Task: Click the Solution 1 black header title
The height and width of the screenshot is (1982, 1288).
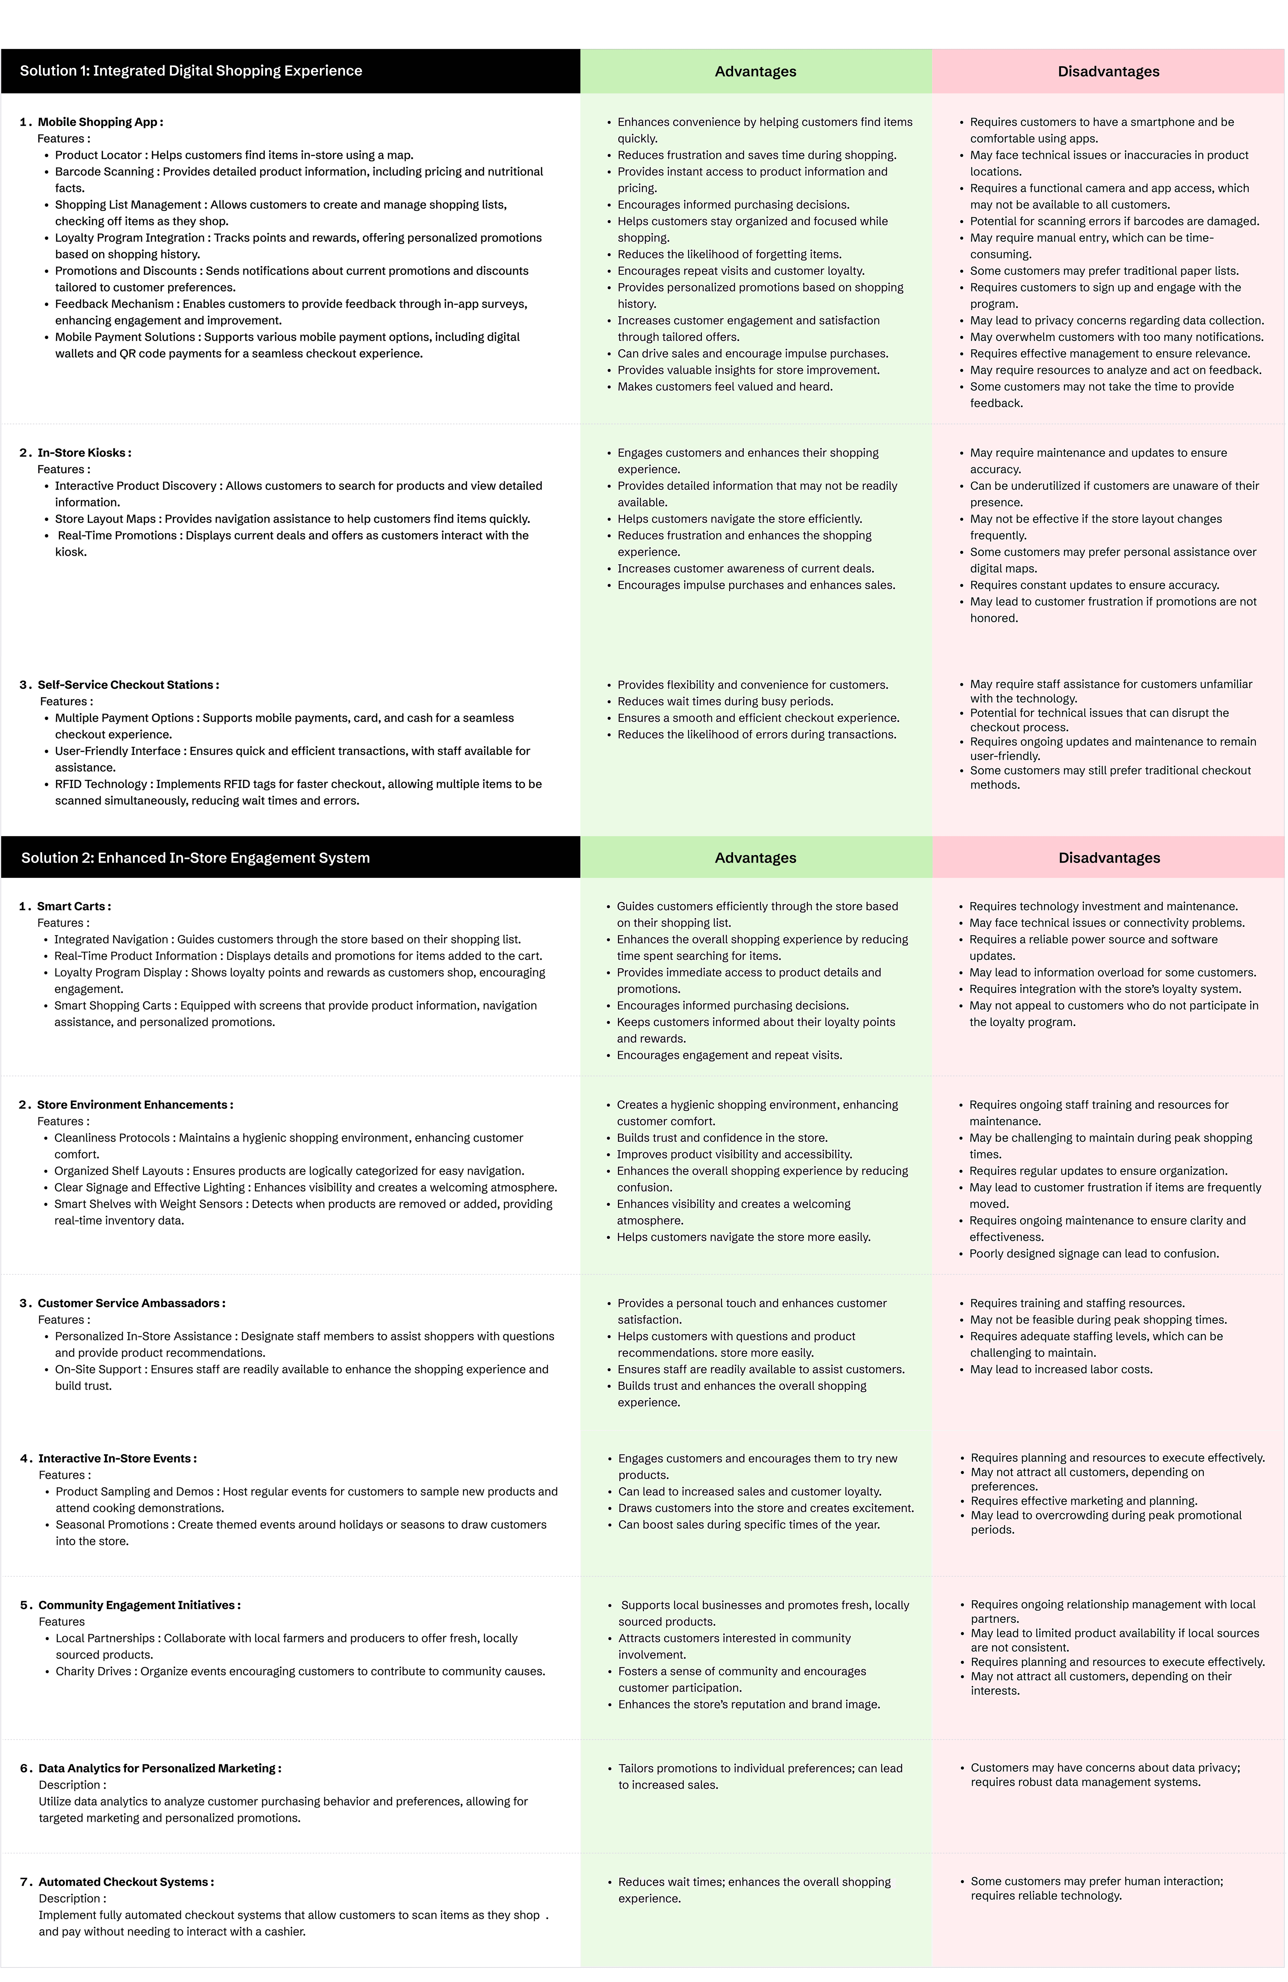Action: tap(191, 71)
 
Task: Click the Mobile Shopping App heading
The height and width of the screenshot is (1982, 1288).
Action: tap(100, 121)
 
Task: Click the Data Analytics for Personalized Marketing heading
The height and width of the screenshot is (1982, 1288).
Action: tap(159, 1768)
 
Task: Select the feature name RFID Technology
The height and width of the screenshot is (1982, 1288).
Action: tap(101, 784)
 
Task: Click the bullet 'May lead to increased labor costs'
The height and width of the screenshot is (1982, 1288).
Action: tap(1061, 1369)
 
